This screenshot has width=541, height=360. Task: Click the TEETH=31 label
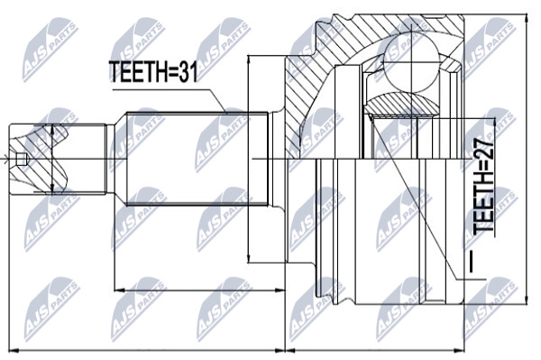pyautogui.click(x=153, y=71)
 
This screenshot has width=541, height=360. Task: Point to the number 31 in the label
pyautogui.click(x=188, y=71)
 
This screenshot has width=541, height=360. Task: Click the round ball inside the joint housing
pyautogui.click(x=412, y=64)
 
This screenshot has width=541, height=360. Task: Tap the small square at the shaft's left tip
pyautogui.click(x=21, y=159)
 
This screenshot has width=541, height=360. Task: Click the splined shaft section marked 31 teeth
pyautogui.click(x=197, y=159)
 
